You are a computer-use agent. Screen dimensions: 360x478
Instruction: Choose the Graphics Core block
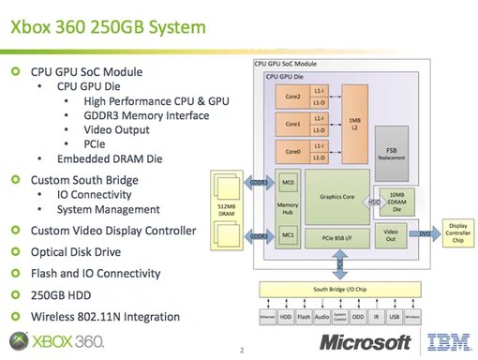(336, 196)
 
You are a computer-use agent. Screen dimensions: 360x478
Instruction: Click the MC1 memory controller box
(289, 233)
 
